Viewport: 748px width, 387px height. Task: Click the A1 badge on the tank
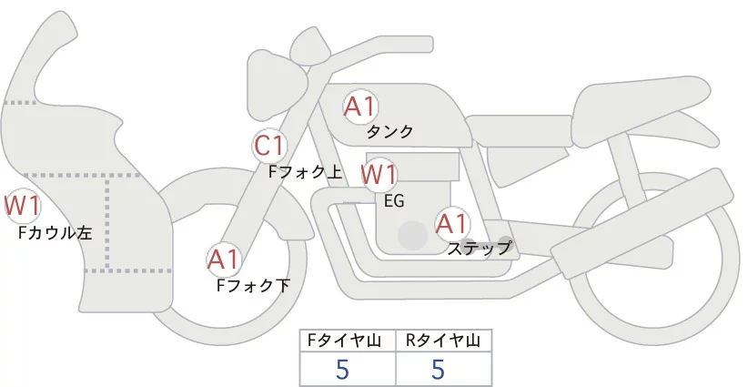(360, 107)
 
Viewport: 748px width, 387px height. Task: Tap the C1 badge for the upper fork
(270, 146)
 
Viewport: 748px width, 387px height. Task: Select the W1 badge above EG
(379, 174)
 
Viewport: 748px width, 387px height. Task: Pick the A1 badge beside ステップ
(452, 223)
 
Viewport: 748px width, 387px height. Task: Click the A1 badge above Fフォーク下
(223, 260)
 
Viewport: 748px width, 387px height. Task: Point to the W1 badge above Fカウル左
(22, 206)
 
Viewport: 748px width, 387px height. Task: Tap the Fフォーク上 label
(305, 170)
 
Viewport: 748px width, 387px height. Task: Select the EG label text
(394, 200)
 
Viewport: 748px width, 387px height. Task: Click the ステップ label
(480, 248)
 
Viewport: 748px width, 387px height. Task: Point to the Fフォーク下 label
(253, 285)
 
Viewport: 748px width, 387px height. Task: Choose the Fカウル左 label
(56, 233)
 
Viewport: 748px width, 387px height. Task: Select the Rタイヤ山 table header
(442, 341)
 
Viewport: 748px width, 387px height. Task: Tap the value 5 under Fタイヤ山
(342, 369)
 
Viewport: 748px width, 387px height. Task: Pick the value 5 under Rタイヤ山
(438, 369)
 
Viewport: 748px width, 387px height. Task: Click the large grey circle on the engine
(413, 236)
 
